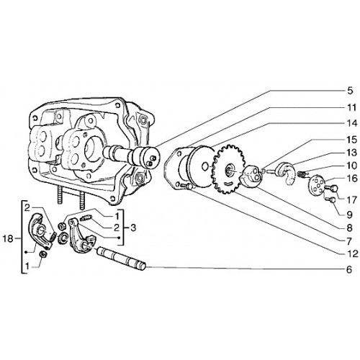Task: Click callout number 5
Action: pyautogui.click(x=350, y=91)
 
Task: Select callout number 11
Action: pyautogui.click(x=351, y=108)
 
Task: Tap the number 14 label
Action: pyautogui.click(x=352, y=124)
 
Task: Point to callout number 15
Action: pyautogui.click(x=352, y=140)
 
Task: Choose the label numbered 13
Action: pyautogui.click(x=352, y=153)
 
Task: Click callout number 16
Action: pyautogui.click(x=352, y=179)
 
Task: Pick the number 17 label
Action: pyautogui.click(x=352, y=200)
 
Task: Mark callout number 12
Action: pyautogui.click(x=352, y=253)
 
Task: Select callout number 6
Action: pyautogui.click(x=349, y=269)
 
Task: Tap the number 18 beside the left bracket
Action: pyautogui.click(x=8, y=239)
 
